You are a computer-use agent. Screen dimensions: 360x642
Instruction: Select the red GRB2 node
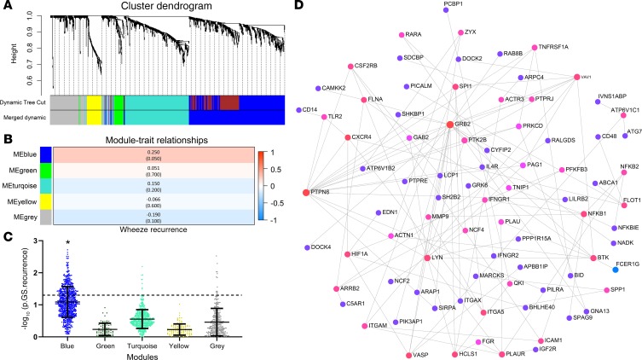click(450, 125)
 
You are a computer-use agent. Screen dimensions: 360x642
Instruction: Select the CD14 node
click(299, 110)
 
